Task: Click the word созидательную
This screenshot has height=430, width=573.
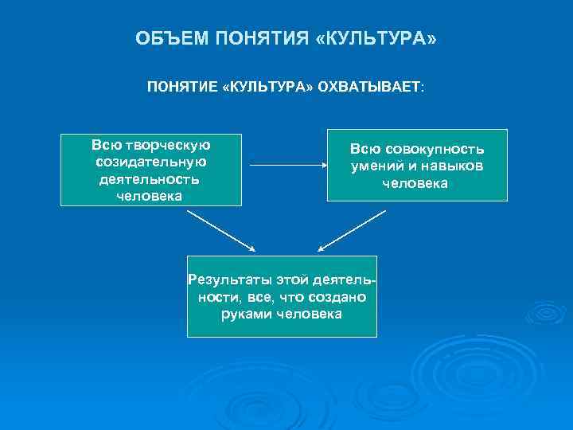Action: [150, 162]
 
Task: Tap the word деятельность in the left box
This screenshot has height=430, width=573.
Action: [150, 178]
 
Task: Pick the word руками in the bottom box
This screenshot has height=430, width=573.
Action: [246, 314]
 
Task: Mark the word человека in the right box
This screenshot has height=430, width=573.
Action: [415, 183]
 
